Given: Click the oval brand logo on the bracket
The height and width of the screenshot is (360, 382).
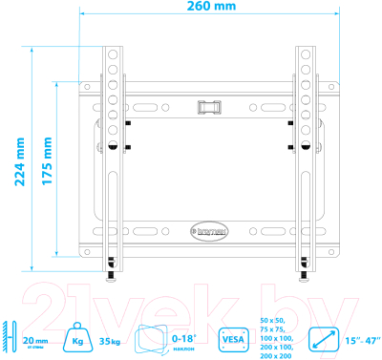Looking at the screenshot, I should (x=206, y=229).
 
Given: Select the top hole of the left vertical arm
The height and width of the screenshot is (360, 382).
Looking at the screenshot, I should (x=112, y=54).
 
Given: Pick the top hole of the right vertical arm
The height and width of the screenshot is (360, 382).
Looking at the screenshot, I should (x=306, y=54).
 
